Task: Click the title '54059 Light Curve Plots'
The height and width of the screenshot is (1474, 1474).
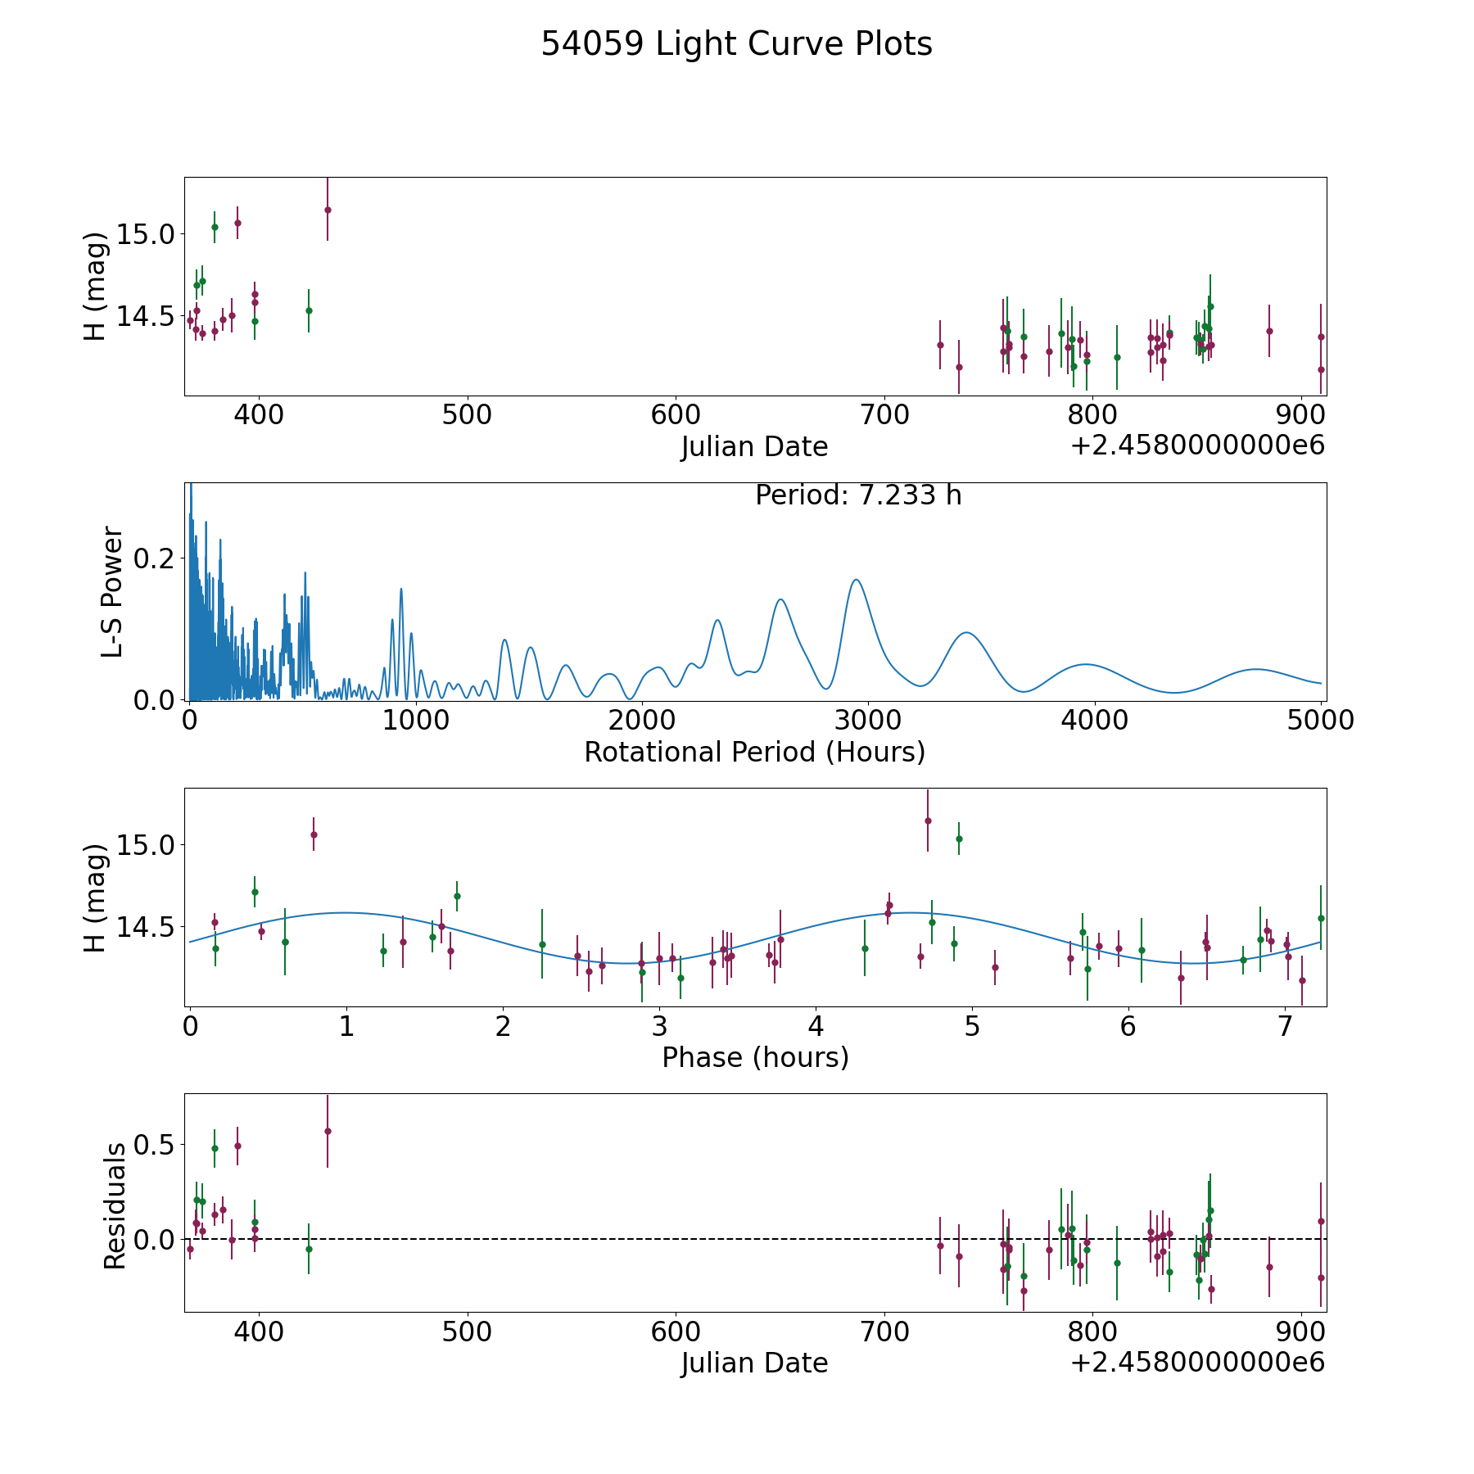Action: point(736,44)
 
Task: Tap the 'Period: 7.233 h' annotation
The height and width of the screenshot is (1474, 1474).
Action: point(857,495)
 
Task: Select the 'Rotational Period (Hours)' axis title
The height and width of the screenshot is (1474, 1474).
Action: point(754,752)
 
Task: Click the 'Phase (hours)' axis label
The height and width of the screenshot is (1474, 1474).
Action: point(755,1057)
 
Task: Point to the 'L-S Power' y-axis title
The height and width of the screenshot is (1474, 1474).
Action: point(113,591)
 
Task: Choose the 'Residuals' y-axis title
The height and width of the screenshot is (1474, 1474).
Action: point(115,1205)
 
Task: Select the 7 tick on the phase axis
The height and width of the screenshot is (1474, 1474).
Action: point(1285,1026)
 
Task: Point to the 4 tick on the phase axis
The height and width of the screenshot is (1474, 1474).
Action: point(816,1026)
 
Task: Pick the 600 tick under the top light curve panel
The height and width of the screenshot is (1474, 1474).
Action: point(676,414)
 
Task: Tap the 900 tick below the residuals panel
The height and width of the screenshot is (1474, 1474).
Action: point(1301,1332)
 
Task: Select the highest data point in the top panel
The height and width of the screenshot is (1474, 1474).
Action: point(328,210)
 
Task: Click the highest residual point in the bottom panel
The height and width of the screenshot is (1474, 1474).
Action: point(328,1131)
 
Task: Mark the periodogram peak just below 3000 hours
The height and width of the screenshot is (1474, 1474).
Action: point(856,580)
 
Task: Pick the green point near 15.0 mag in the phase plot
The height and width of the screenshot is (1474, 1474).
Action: point(959,839)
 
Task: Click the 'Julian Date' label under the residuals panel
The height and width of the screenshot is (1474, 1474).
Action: point(754,1363)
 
